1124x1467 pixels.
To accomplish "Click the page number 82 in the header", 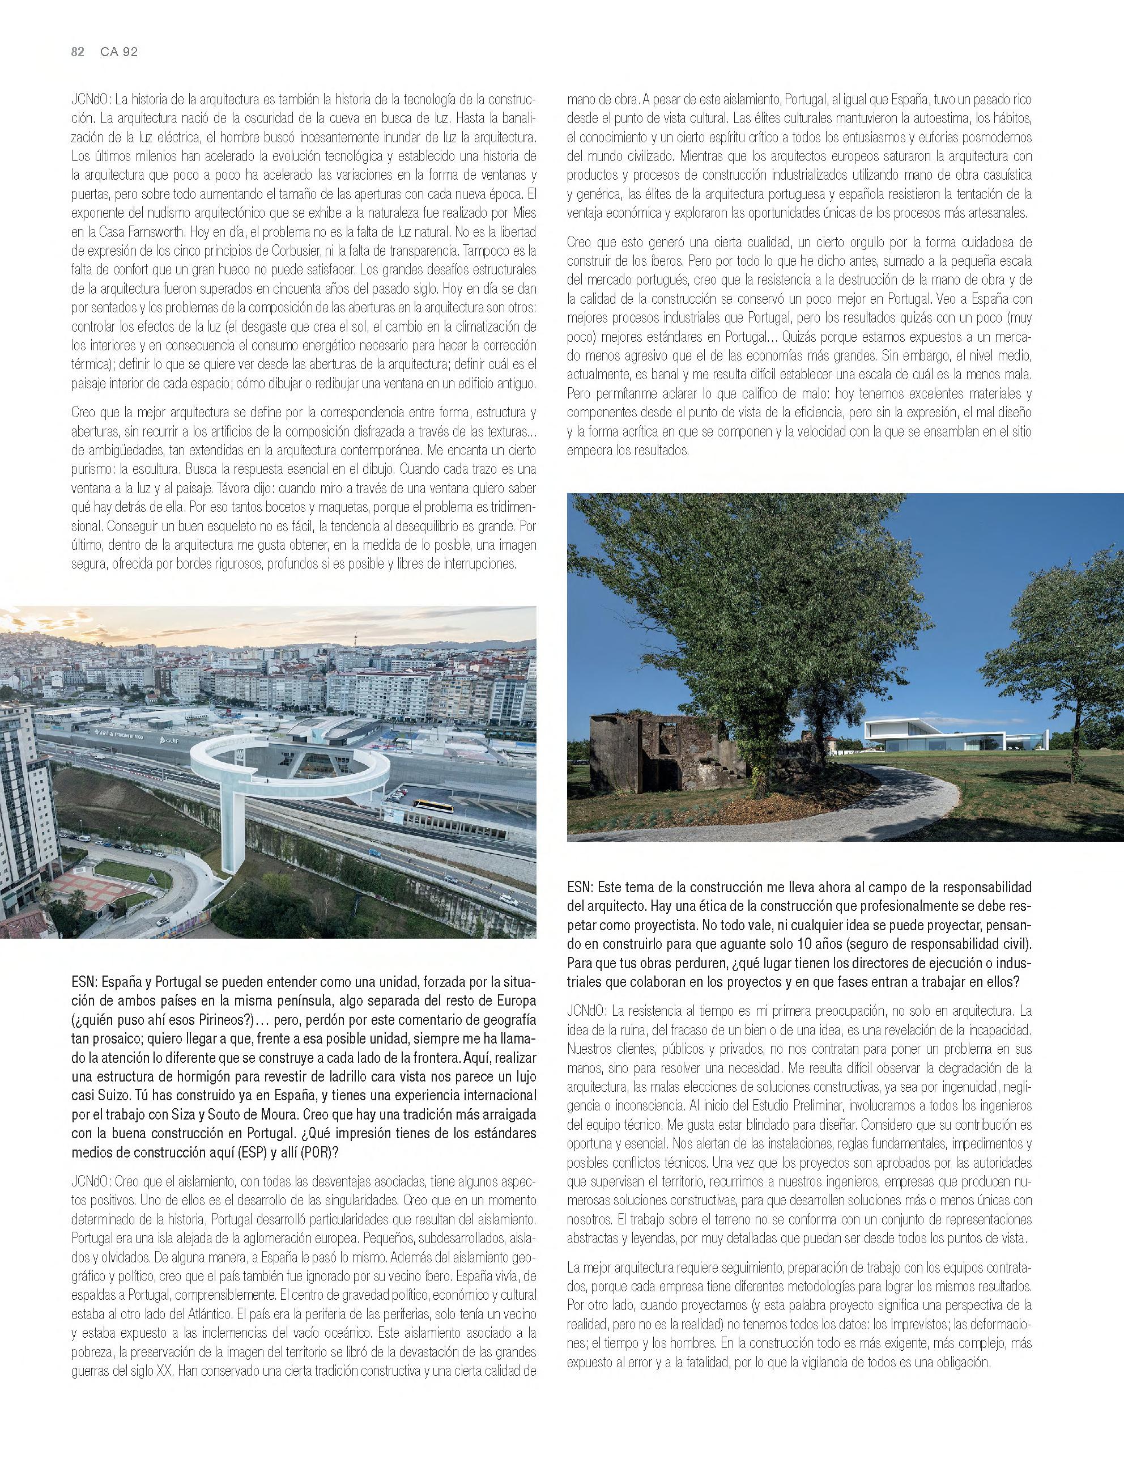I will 77,52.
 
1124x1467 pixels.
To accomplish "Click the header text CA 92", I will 118,52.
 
